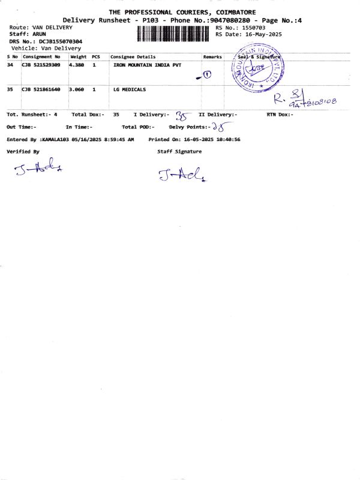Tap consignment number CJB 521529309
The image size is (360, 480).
pyautogui.click(x=41, y=64)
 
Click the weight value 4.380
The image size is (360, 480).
pyautogui.click(x=77, y=64)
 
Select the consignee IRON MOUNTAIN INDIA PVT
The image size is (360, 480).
pyautogui.click(x=147, y=64)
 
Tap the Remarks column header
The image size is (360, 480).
pyautogui.click(x=212, y=57)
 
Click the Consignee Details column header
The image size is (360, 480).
pyautogui.click(x=133, y=57)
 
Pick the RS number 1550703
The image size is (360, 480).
pyautogui.click(x=253, y=28)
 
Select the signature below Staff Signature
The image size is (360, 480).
pyautogui.click(x=182, y=175)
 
